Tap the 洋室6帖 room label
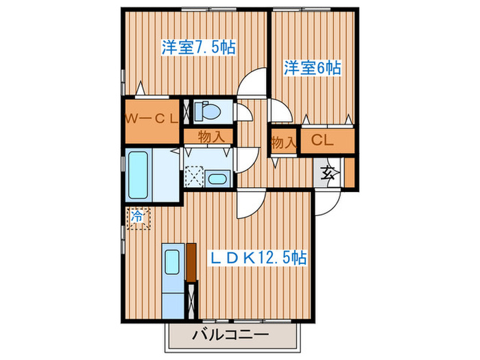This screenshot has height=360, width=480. click(x=313, y=69)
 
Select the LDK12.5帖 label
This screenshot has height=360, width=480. click(x=258, y=258)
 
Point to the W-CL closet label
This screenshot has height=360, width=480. click(x=152, y=118)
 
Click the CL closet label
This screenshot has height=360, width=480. click(x=322, y=141)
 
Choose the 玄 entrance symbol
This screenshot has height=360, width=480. click(x=327, y=172)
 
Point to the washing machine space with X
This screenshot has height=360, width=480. click(x=193, y=175)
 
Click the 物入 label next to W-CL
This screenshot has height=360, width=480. click(x=211, y=136)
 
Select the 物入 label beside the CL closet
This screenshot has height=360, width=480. click(x=283, y=143)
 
